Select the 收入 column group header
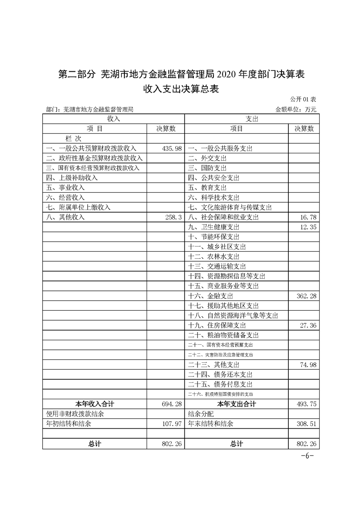tap(113, 118)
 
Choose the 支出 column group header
tap(252, 118)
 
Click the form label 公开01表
tap(303, 99)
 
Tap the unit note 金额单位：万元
tap(296, 109)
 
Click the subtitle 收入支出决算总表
tap(181, 89)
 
